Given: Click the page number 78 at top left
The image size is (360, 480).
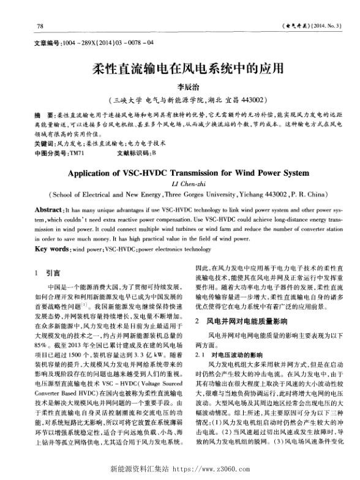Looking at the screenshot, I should pyautogui.click(x=40, y=26).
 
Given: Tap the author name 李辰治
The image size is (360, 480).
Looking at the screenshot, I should pyautogui.click(x=179, y=87).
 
